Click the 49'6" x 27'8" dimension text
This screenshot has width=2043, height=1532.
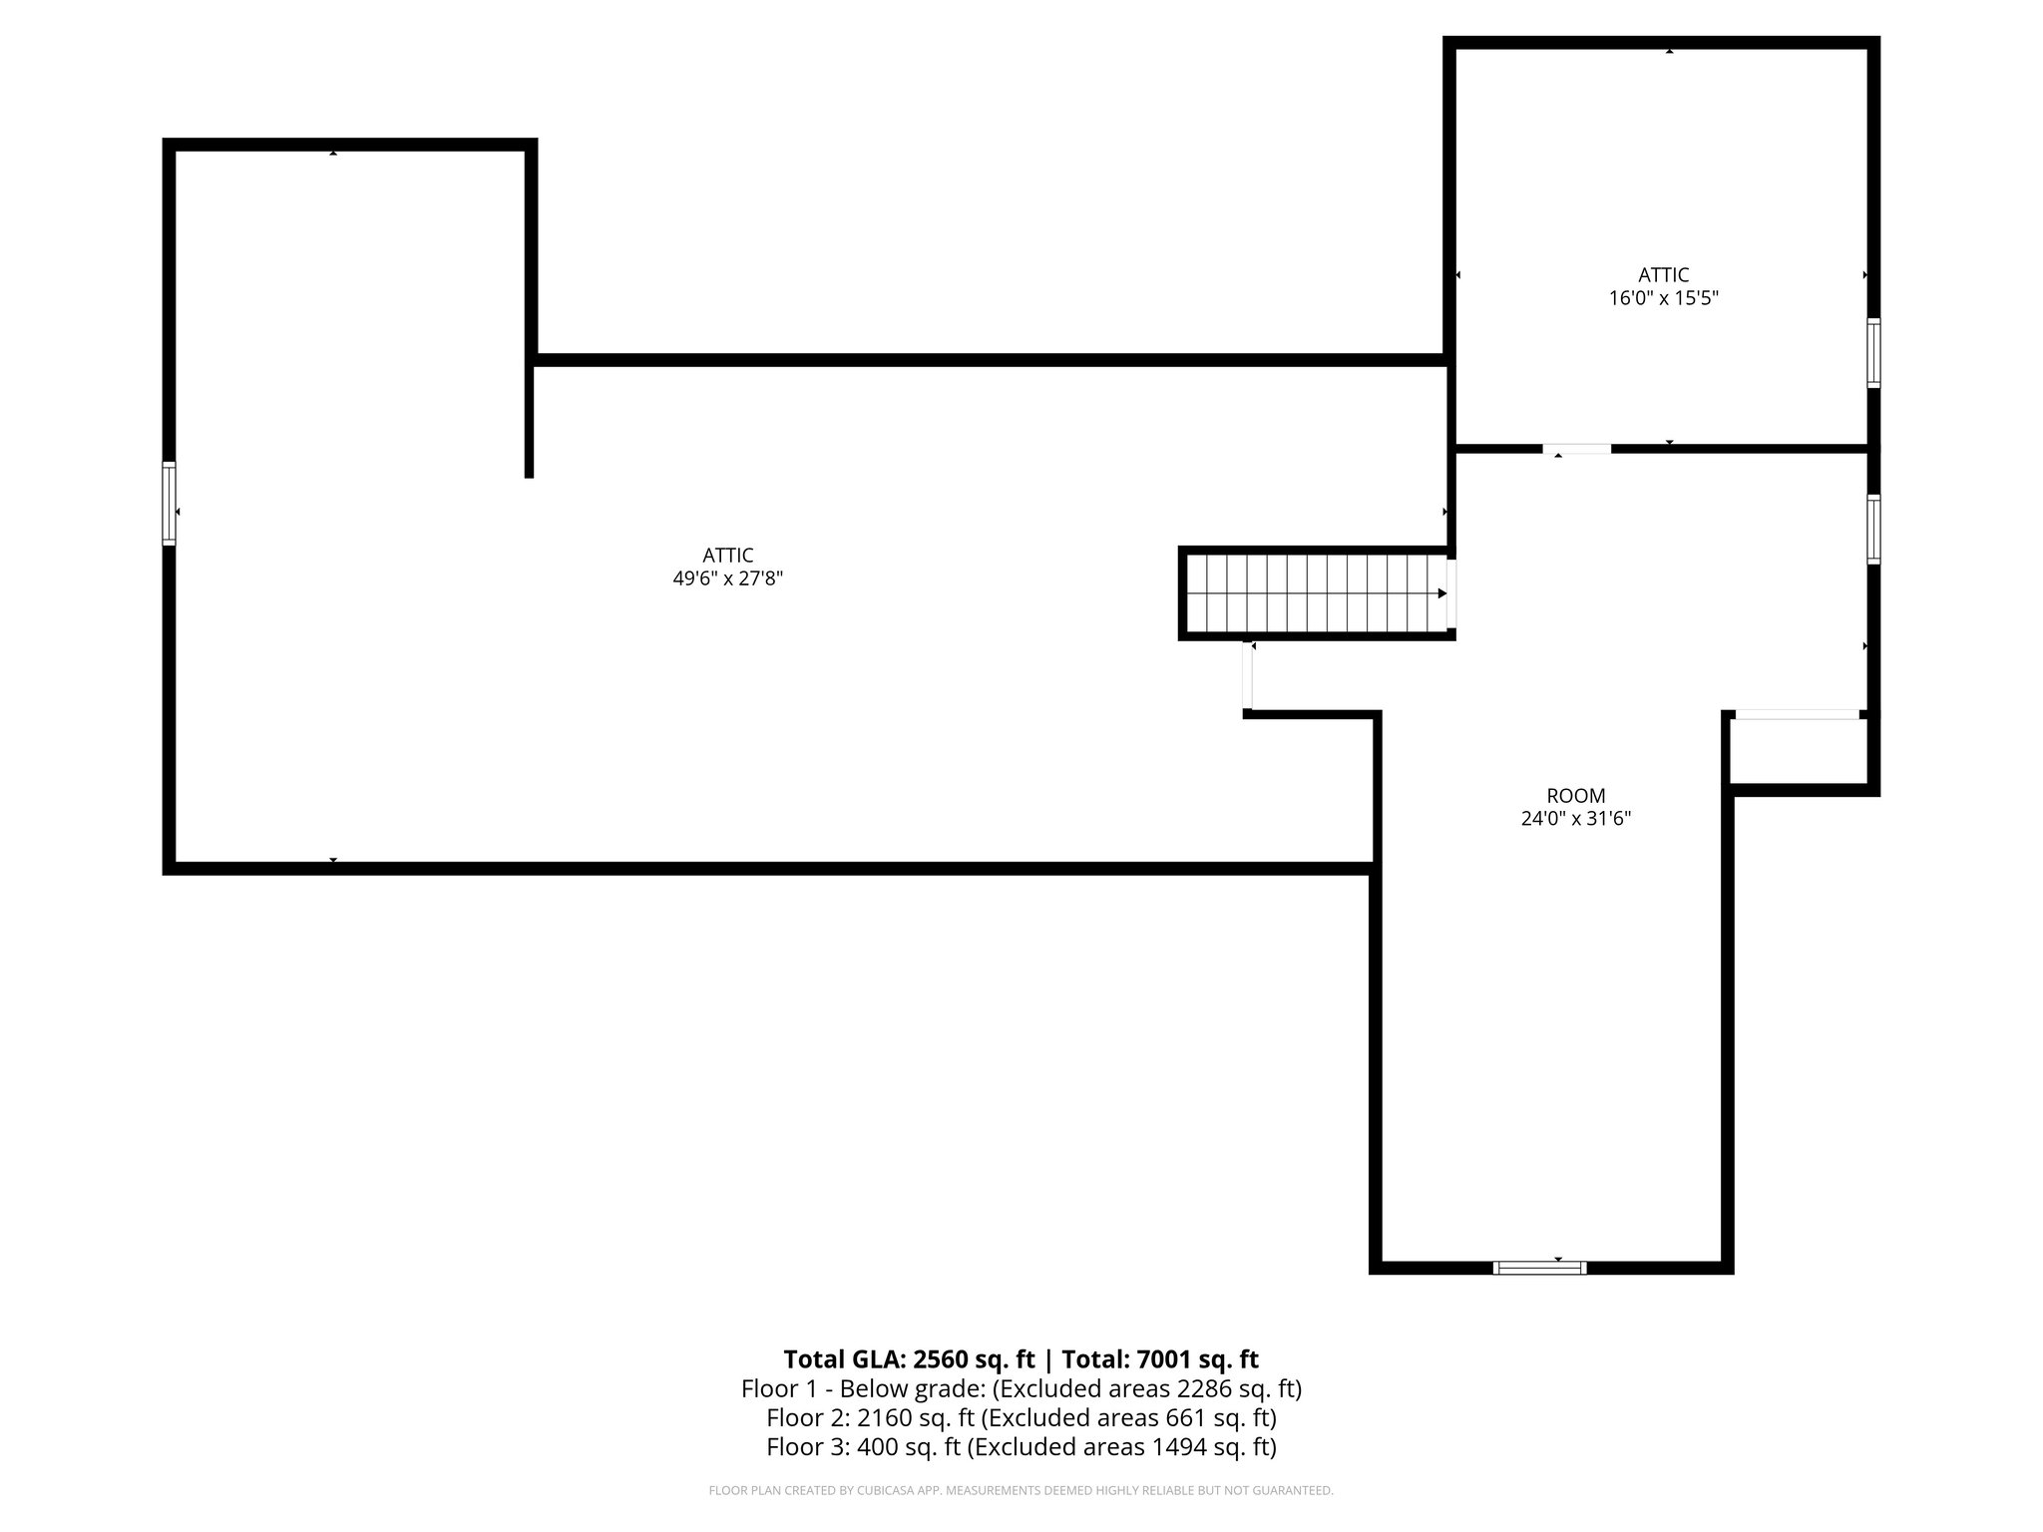[727, 578]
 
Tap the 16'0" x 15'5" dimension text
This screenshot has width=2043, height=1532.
[1663, 297]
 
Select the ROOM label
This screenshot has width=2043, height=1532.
[1575, 796]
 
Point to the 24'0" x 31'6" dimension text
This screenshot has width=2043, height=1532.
[1575, 819]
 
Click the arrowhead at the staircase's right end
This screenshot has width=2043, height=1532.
[1441, 593]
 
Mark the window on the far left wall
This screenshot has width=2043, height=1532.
[170, 504]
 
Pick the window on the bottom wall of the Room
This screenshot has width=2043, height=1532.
[1539, 1268]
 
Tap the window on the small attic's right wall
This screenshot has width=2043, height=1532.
[1873, 352]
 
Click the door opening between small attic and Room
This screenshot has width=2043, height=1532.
[1576, 449]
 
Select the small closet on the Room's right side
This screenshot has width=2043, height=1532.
[1798, 750]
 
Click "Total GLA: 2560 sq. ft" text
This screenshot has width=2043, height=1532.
[909, 1359]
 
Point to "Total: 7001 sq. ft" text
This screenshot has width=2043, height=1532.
[1159, 1359]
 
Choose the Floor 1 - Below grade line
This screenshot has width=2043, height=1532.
[1021, 1388]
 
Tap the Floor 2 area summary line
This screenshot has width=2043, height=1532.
[1021, 1417]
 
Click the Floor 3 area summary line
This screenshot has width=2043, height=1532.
[1021, 1446]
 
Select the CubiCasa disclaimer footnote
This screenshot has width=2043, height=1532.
[1021, 1491]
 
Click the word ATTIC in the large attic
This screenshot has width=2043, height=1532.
[727, 556]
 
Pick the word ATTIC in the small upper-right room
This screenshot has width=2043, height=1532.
[1663, 274]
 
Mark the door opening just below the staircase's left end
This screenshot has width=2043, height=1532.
[1247, 677]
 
